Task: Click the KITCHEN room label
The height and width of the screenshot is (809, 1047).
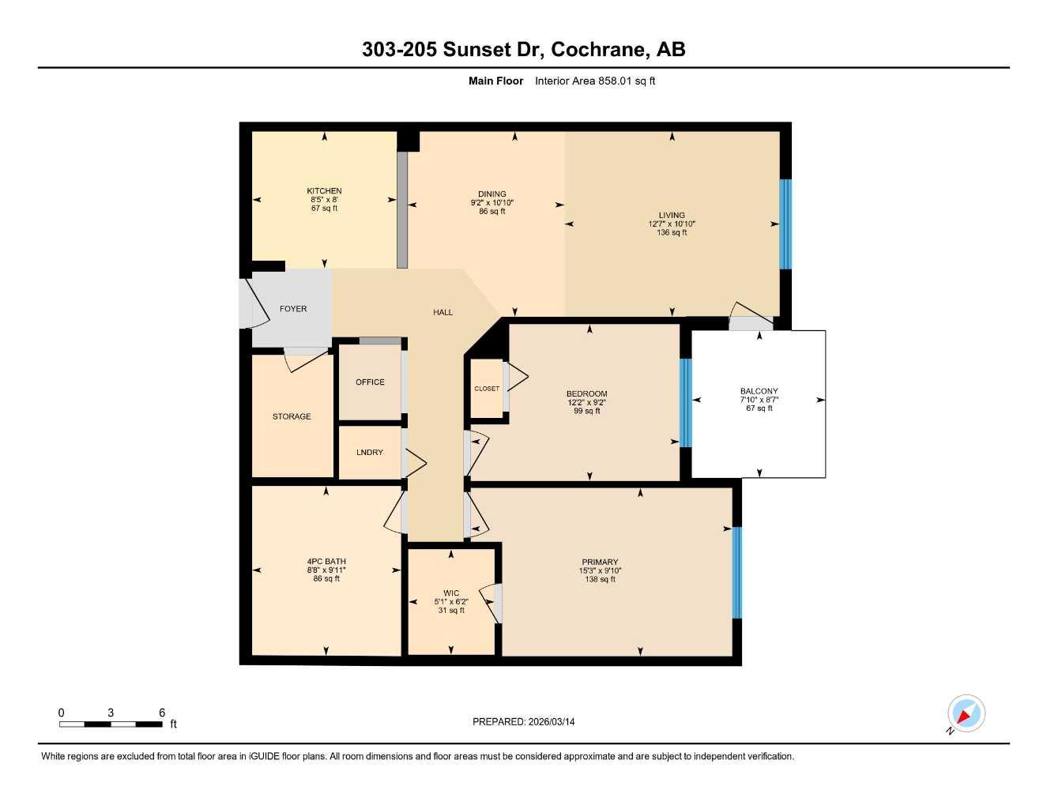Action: [x=324, y=190]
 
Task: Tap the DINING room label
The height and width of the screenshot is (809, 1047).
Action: [x=491, y=194]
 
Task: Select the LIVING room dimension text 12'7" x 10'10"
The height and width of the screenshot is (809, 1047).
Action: [x=672, y=224]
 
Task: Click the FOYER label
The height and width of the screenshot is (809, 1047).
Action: [x=293, y=309]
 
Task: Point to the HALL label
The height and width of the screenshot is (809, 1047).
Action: [x=443, y=312]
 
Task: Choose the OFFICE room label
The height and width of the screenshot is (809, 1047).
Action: [x=370, y=382]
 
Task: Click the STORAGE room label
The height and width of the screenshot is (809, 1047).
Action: [x=292, y=416]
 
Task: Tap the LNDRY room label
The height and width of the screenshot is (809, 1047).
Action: [x=370, y=453]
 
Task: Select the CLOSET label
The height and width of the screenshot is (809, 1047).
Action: [x=487, y=389]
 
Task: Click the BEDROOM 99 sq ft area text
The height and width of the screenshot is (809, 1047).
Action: [x=587, y=411]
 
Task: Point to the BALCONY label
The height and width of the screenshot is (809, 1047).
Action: [x=759, y=391]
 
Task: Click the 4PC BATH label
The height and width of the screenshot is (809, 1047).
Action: [x=326, y=562]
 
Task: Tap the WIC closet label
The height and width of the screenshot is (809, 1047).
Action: [x=451, y=593]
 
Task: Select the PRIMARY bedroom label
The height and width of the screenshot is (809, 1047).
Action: [x=600, y=563]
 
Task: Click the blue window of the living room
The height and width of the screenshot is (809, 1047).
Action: [x=785, y=224]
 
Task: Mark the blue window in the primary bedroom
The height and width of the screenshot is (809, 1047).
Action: [x=736, y=573]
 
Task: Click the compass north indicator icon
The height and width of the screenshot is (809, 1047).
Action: [x=966, y=714]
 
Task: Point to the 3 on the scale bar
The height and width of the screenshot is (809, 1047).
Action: [x=111, y=713]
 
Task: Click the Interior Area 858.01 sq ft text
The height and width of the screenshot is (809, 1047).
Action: [x=595, y=81]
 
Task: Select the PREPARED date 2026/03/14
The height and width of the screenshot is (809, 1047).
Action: [x=550, y=721]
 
